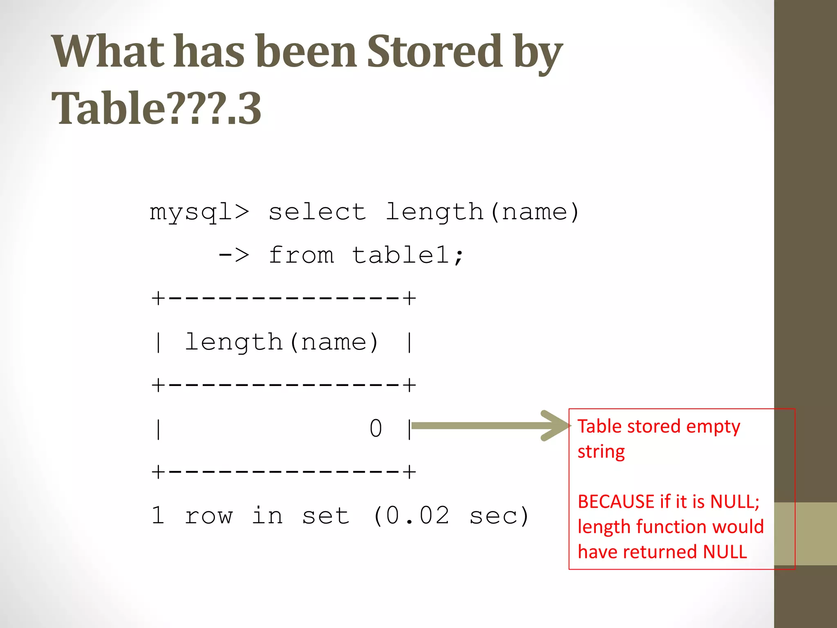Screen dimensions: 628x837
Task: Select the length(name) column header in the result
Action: (282, 342)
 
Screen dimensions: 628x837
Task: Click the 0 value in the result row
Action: (376, 428)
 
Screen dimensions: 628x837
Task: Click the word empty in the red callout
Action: (713, 427)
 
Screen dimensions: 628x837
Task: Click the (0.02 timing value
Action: (411, 515)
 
